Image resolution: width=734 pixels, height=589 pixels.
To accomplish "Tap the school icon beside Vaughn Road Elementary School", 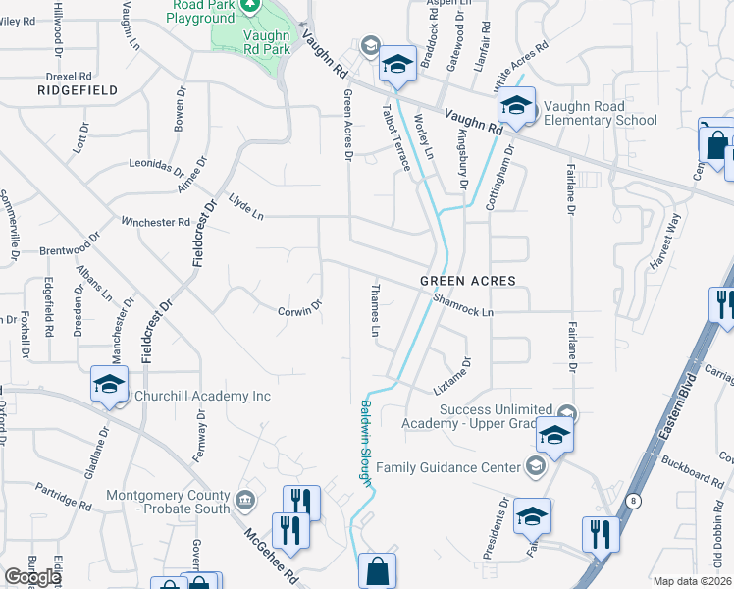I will tap(516, 104).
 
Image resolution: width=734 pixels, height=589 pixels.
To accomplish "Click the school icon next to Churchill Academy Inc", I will tap(109, 383).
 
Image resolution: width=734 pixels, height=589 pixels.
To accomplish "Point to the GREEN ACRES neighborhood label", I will tap(467, 281).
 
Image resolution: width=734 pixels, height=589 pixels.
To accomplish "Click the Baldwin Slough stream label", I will tap(366, 442).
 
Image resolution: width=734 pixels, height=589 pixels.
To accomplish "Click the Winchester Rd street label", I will tap(155, 222).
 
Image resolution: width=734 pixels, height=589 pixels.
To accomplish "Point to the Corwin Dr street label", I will tap(299, 309).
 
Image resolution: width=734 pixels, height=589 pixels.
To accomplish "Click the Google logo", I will tap(32, 577).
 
